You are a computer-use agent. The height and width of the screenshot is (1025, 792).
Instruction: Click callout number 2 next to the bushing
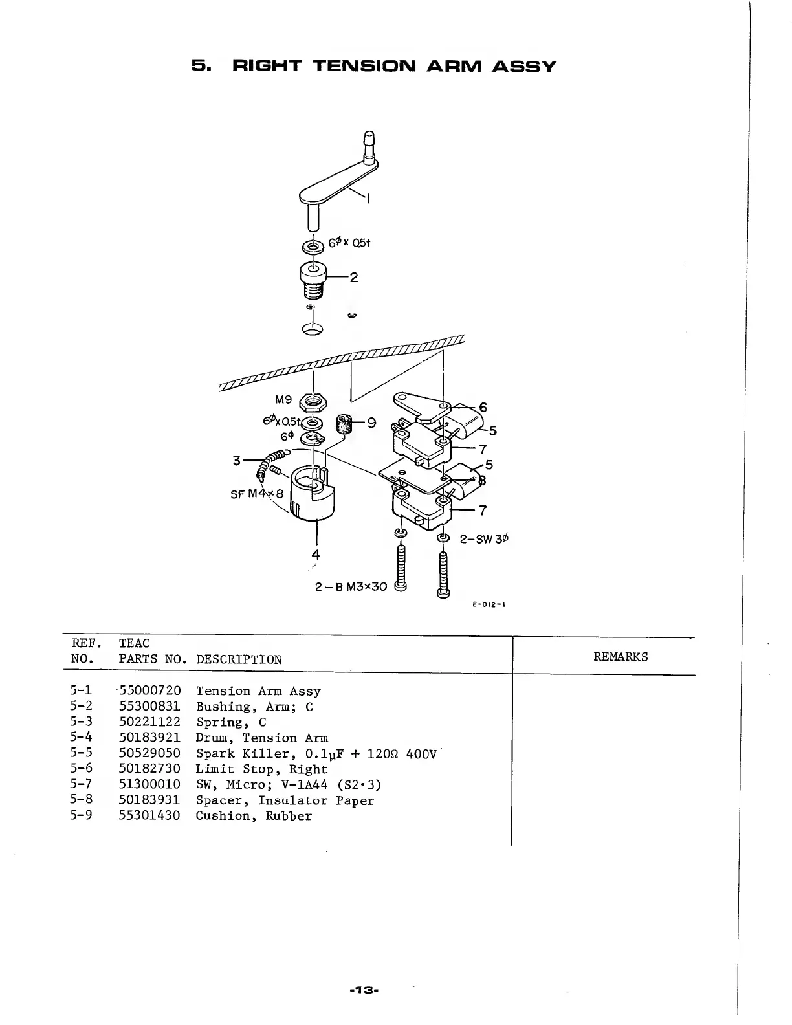click(x=353, y=278)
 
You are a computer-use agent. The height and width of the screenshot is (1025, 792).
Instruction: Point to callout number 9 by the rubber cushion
click(x=371, y=423)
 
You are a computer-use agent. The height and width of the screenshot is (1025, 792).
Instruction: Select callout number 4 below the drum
click(x=315, y=555)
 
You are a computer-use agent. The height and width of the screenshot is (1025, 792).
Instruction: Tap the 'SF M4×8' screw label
click(x=257, y=494)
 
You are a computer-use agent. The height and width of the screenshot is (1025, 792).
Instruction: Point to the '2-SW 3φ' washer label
click(x=484, y=538)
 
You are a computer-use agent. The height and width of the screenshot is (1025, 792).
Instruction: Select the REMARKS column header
click(x=620, y=657)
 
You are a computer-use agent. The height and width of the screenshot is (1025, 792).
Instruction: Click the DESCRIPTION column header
click(x=239, y=660)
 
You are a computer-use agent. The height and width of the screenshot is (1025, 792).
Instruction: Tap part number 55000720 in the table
click(x=149, y=691)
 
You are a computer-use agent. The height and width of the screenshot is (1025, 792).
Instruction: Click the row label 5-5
click(x=80, y=753)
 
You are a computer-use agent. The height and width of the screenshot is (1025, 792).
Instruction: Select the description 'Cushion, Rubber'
click(x=254, y=815)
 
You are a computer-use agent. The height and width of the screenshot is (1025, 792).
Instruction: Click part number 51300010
click(x=149, y=784)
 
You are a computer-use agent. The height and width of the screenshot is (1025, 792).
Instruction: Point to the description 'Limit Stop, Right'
click(x=261, y=769)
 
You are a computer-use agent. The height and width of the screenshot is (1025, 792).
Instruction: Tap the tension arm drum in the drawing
click(x=312, y=495)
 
